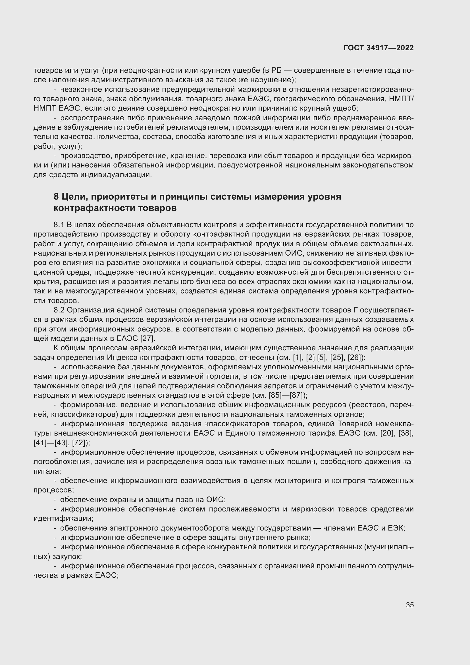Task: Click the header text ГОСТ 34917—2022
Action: point(379,48)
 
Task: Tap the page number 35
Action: point(409,605)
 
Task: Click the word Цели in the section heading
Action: point(74,197)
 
